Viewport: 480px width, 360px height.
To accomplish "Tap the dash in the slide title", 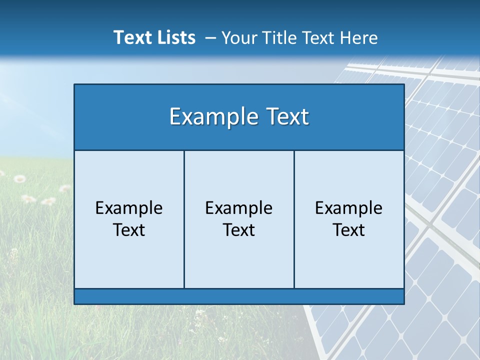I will [210, 38].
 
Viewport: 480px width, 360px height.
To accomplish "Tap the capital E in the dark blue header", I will [175, 117].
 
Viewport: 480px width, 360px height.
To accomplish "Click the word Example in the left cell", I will [129, 208].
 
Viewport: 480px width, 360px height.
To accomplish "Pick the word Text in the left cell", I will [129, 230].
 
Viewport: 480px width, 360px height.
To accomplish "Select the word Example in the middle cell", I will [239, 208].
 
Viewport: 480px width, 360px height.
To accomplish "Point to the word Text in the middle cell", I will [239, 230].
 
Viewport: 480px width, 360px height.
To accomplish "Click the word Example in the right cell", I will [349, 208].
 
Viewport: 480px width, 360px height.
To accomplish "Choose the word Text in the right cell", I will [349, 230].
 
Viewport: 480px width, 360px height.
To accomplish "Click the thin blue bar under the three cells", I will [239, 296].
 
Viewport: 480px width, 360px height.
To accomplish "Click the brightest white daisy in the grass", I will [19, 178].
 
